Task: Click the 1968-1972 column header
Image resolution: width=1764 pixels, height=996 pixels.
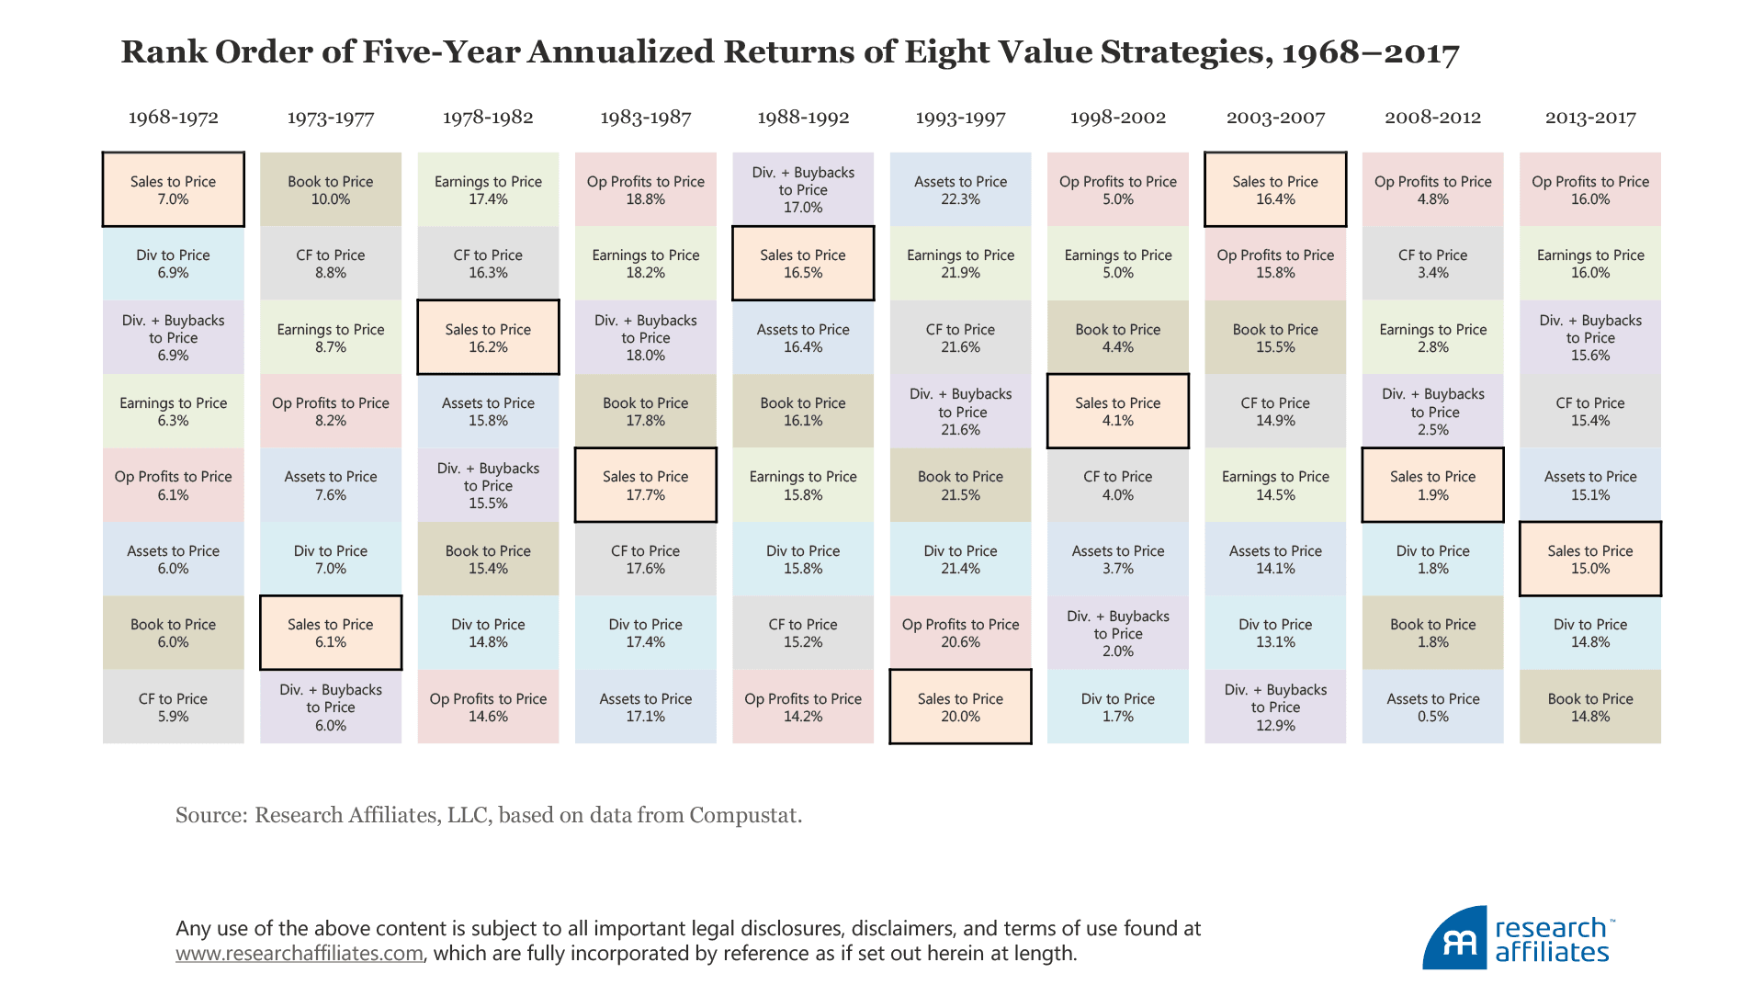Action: click(x=173, y=118)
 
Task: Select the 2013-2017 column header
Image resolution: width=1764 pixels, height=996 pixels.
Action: click(x=1589, y=118)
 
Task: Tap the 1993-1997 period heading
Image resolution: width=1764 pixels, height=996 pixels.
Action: click(x=960, y=118)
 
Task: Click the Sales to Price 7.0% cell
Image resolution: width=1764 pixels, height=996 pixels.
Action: click(x=173, y=189)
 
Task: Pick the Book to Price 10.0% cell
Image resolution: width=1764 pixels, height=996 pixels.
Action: click(x=331, y=189)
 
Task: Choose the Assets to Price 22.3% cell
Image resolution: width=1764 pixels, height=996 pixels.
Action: click(x=960, y=189)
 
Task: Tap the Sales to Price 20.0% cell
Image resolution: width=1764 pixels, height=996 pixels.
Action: click(x=960, y=707)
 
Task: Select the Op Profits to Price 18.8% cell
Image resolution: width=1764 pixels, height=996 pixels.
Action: click(x=645, y=189)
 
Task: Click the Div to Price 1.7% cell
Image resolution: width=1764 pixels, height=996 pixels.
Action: click(x=1117, y=707)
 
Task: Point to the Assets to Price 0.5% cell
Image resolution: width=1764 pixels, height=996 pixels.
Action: click(x=1432, y=707)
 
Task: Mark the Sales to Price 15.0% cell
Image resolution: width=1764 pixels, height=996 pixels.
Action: click(x=1589, y=559)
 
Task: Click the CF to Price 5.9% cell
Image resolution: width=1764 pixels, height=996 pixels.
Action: click(x=173, y=707)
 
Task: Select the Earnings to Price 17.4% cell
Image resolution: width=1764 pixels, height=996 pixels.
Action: click(x=488, y=189)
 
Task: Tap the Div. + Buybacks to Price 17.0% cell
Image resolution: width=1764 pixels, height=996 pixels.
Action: click(x=803, y=189)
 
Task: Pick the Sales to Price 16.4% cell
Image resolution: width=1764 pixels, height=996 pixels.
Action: click(x=1275, y=189)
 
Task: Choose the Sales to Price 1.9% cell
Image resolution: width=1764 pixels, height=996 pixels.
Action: click(x=1432, y=485)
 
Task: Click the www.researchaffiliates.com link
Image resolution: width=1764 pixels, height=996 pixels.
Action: click(x=300, y=954)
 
